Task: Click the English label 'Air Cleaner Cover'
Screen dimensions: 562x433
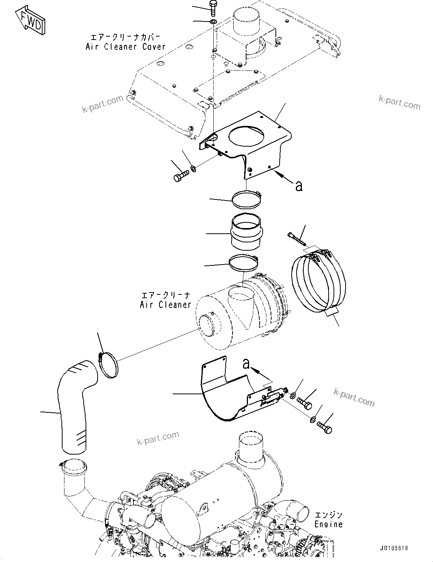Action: point(125,47)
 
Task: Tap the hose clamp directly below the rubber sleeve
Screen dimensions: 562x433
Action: point(244,263)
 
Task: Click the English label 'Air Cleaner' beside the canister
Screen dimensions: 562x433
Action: point(165,305)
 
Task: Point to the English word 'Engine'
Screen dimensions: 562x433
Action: point(329,524)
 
